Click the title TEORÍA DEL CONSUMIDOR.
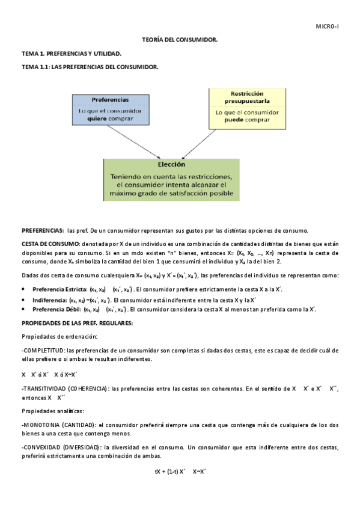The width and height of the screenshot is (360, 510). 180,40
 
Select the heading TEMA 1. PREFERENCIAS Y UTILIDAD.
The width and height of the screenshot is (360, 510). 71,54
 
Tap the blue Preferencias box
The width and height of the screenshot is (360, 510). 110,109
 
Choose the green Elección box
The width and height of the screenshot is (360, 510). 171,179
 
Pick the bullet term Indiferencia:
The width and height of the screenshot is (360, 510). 50,300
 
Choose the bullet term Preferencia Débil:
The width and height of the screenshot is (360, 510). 56,309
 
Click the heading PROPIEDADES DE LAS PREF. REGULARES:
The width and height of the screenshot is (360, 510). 77,323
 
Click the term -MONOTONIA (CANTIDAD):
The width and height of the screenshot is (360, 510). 58,425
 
